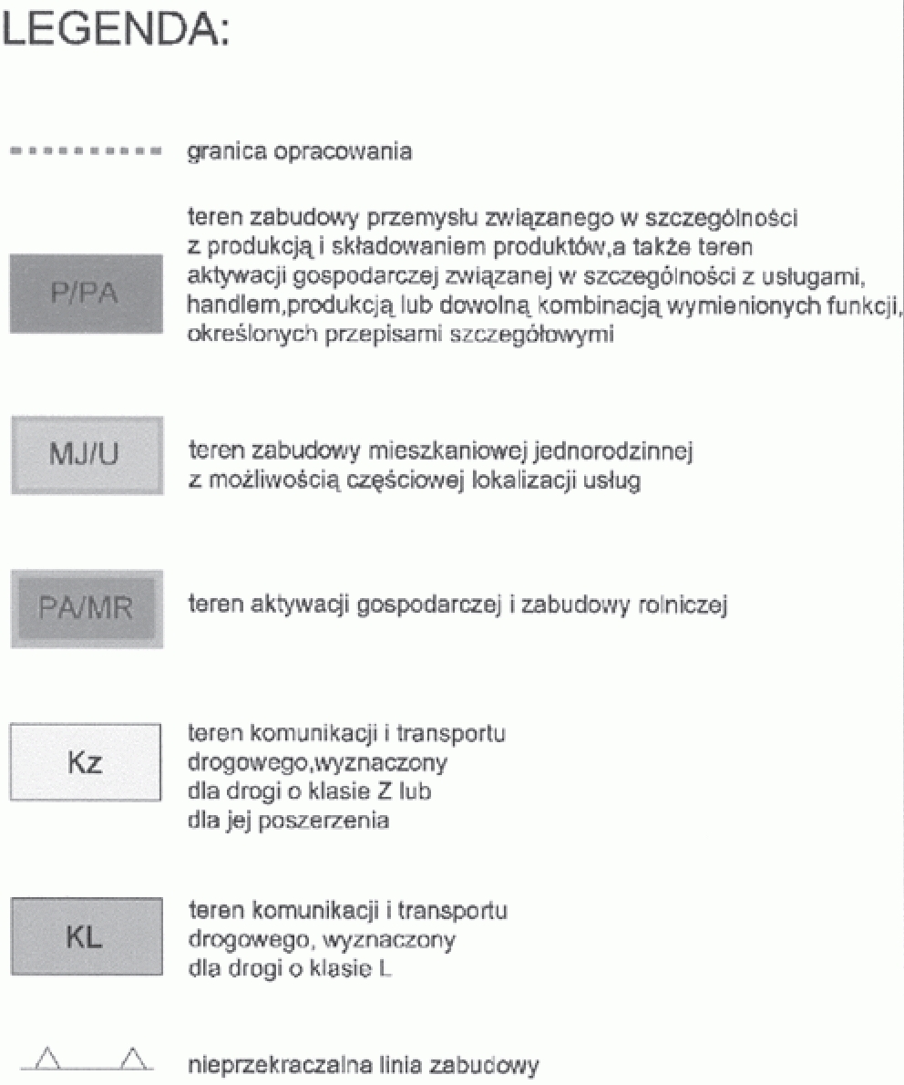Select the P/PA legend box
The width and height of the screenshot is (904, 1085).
87,294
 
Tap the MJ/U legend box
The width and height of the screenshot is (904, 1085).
87,454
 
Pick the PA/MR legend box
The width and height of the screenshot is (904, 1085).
87,608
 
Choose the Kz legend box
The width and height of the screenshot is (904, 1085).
87,762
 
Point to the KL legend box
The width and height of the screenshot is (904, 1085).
87,936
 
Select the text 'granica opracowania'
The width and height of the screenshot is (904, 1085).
299,151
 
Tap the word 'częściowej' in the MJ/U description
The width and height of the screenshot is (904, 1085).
391,481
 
